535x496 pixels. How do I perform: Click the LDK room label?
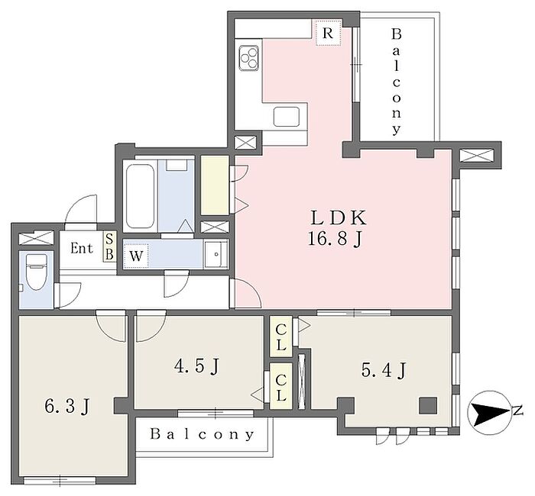[x=339, y=218]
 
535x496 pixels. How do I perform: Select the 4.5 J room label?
[x=196, y=367]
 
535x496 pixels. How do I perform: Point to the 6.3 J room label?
[x=67, y=407]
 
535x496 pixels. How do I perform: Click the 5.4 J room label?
[x=384, y=370]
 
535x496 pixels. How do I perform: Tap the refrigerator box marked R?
[x=328, y=33]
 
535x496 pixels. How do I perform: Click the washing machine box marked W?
[x=136, y=256]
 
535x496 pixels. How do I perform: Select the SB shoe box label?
[x=109, y=246]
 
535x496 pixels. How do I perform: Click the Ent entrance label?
[x=82, y=248]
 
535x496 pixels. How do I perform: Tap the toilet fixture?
[x=36, y=272]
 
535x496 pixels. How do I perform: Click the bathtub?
[x=140, y=196]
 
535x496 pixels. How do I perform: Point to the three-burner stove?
[x=248, y=58]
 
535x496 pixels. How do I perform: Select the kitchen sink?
[x=287, y=116]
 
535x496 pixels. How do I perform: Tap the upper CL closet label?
[x=280, y=337]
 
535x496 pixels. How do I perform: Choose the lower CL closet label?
[x=280, y=388]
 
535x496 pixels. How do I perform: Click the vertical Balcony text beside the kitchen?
[x=396, y=82]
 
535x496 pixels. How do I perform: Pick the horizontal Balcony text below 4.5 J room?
[x=203, y=434]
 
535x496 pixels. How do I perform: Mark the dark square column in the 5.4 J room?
[x=428, y=405]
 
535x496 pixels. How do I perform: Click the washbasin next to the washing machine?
[x=216, y=254]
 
